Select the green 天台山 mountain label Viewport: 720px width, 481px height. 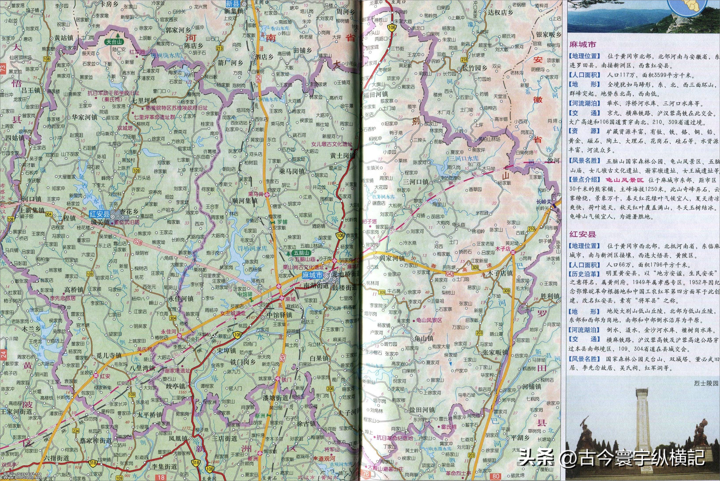114,42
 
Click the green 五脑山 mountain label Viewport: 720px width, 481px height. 302,253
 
